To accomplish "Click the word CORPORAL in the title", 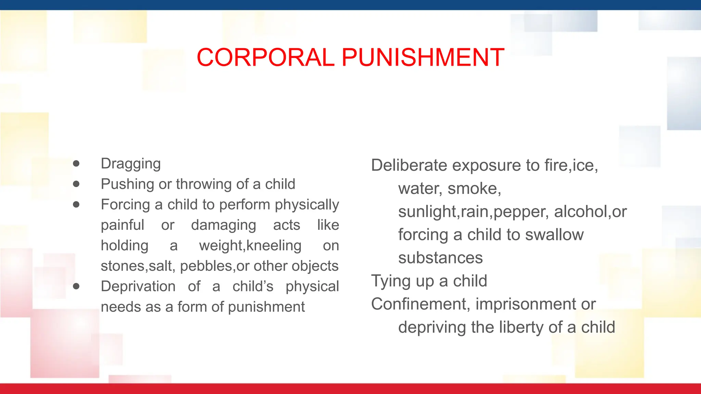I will pyautogui.click(x=265, y=57).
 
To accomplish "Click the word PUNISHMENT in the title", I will pyautogui.click(x=423, y=57).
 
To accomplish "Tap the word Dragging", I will pyautogui.click(x=131, y=164).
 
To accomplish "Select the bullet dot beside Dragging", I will pyautogui.click(x=76, y=163).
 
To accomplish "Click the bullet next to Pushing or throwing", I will pyautogui.click(x=76, y=184).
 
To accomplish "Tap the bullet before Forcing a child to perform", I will pyautogui.click(x=76, y=205).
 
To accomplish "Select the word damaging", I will pyautogui.click(x=224, y=225).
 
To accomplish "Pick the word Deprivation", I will pyautogui.click(x=138, y=286).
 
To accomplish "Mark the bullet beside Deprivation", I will pyautogui.click(x=76, y=286).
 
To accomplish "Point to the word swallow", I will pyautogui.click(x=554, y=235).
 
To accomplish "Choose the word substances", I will pyautogui.click(x=441, y=258).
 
